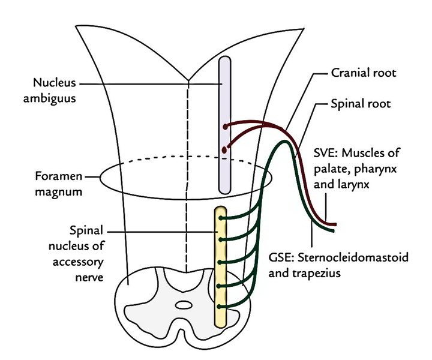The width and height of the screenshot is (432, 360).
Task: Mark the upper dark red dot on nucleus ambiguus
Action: tap(225, 127)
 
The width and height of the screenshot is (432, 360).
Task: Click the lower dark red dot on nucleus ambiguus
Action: tap(224, 149)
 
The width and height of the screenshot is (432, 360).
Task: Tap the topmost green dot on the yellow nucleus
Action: tap(222, 218)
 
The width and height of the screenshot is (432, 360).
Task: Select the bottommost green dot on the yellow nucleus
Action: tap(222, 307)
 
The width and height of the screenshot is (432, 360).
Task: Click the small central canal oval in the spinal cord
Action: tap(184, 305)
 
